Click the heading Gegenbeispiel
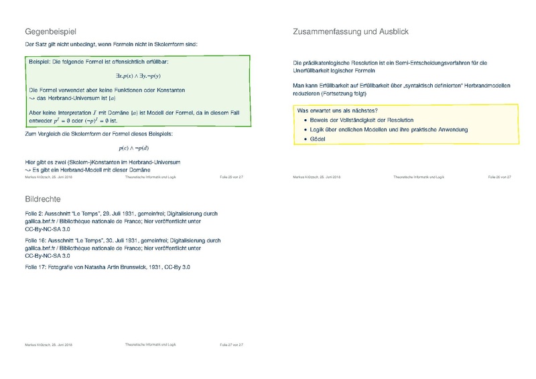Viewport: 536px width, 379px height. (52, 31)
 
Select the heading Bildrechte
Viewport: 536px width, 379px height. (43, 199)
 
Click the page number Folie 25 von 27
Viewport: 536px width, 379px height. (231, 177)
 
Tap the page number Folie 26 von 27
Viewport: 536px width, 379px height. (499, 177)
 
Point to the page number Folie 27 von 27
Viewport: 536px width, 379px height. (231, 344)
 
